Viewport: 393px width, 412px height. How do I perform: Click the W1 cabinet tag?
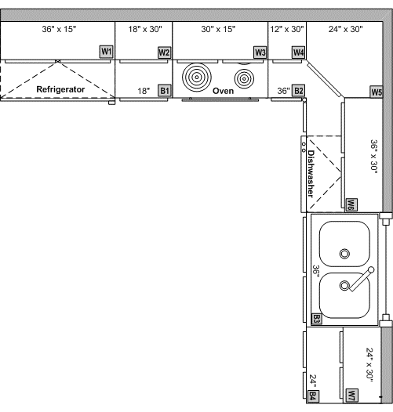(x=106, y=52)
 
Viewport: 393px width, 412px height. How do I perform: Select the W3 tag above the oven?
(x=260, y=52)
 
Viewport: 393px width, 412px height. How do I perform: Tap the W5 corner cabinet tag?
(x=377, y=92)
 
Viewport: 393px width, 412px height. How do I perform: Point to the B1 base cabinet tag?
(x=164, y=91)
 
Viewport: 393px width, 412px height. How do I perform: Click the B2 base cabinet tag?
(x=299, y=91)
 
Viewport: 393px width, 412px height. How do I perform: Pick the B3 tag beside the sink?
(x=316, y=319)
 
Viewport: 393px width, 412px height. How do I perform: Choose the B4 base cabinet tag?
(x=313, y=396)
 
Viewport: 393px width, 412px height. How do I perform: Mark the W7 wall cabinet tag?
(x=352, y=395)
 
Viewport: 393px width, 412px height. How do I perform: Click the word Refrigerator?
(x=60, y=89)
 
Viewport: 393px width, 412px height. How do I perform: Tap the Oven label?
(x=223, y=91)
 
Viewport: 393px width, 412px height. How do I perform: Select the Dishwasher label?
(x=311, y=174)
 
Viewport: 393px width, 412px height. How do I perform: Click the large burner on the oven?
(x=197, y=78)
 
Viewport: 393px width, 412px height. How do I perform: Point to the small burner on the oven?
(x=244, y=78)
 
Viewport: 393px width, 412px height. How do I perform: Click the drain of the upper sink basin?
(x=344, y=254)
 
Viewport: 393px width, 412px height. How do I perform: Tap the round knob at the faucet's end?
(x=371, y=270)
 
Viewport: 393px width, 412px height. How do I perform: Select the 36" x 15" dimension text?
(x=59, y=29)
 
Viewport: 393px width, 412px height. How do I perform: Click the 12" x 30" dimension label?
(x=287, y=29)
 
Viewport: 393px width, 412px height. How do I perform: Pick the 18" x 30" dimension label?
(x=145, y=29)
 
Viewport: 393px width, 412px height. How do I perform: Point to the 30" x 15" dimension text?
(x=218, y=29)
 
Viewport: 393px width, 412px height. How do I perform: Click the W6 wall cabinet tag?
(x=351, y=204)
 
